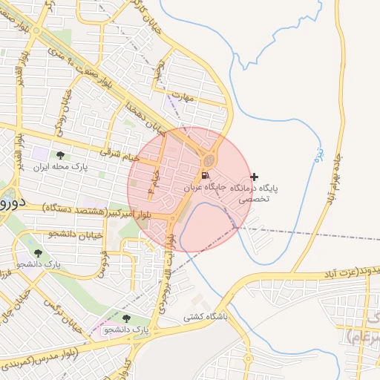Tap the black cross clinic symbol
(x=255, y=177)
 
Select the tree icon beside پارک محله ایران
(x=59, y=155)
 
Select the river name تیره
(x=319, y=154)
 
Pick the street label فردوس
(x=103, y=263)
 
